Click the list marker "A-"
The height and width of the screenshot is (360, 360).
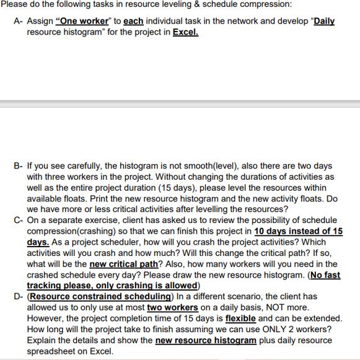pos(18,20)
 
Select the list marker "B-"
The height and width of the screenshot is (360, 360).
pos(18,166)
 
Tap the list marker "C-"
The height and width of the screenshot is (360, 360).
pos(18,220)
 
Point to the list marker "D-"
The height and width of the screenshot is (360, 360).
pos(18,296)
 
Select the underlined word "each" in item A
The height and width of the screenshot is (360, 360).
pos(133,20)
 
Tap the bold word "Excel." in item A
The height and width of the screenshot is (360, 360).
pos(185,30)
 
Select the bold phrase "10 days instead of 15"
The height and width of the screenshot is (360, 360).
pos(299,231)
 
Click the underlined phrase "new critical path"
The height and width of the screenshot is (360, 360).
pos(124,263)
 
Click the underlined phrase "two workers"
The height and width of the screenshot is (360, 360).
pos(172,307)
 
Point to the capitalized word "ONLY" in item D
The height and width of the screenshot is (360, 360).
pos(261,329)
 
